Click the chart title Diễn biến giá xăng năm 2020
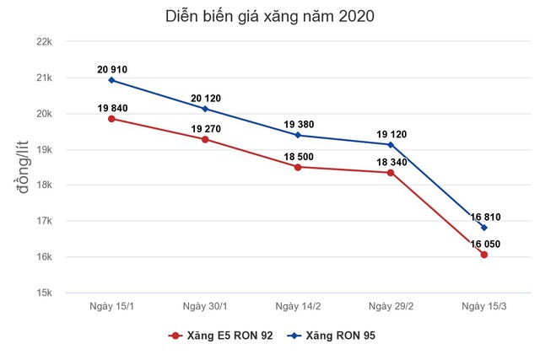[x=269, y=16]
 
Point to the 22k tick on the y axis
[x=43, y=42]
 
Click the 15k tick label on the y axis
[x=43, y=293]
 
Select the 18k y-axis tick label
[x=43, y=185]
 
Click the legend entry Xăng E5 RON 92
[x=222, y=336]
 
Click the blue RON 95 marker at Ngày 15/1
[x=111, y=80]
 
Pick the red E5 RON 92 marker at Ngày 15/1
[x=111, y=119]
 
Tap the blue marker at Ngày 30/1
[x=204, y=109]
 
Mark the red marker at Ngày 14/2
[x=297, y=167]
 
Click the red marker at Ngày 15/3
[x=483, y=255]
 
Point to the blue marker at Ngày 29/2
[x=391, y=144]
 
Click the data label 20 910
[x=111, y=68]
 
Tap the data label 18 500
[x=297, y=155]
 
